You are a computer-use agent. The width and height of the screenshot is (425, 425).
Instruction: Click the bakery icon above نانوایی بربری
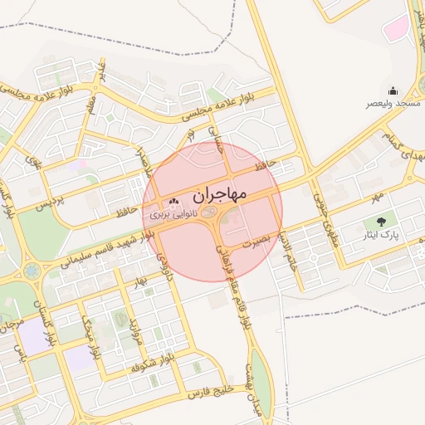173,202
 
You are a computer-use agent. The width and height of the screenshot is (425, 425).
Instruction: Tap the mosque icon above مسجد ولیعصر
393,91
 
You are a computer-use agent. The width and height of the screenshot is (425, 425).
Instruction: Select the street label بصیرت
256,243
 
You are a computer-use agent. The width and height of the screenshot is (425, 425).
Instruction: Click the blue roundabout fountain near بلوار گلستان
32,271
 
